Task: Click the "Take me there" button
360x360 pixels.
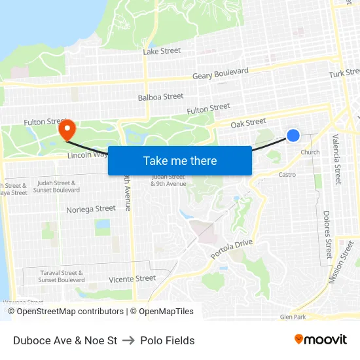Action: (x=180, y=160)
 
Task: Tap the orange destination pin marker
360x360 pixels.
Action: (x=66, y=130)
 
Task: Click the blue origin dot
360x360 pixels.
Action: (x=293, y=135)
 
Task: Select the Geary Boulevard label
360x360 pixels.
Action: (x=220, y=73)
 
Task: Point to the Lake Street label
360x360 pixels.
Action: (x=162, y=51)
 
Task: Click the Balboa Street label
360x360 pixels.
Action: (x=160, y=97)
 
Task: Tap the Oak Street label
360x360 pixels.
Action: (x=248, y=122)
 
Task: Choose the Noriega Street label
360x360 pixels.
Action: (x=91, y=209)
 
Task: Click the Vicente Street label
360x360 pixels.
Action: (x=133, y=278)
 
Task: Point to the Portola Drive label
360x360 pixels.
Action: (x=231, y=249)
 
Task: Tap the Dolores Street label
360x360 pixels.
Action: (x=327, y=234)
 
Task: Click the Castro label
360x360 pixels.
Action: (x=287, y=175)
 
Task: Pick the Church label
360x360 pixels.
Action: (x=310, y=153)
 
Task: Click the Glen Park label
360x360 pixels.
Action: (x=293, y=317)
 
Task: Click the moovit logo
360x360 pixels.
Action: (x=321, y=339)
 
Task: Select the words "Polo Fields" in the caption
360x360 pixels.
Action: (x=168, y=340)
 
